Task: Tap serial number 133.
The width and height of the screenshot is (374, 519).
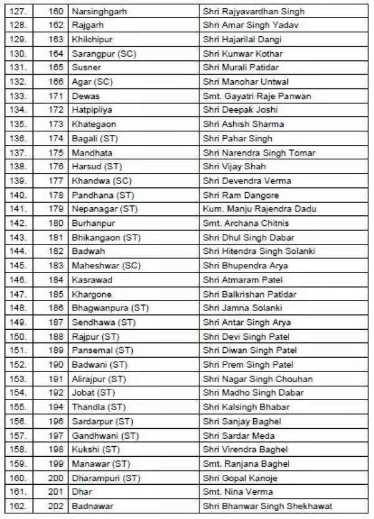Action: pyautogui.click(x=19, y=96)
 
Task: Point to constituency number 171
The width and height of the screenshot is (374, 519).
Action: pyautogui.click(x=56, y=96)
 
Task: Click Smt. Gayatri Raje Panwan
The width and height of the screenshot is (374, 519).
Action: pyautogui.click(x=257, y=96)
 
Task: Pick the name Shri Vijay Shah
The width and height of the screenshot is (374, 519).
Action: pyautogui.click(x=234, y=167)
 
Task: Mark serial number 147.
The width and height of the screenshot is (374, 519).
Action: pyautogui.click(x=19, y=294)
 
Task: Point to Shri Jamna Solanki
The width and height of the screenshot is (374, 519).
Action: pyautogui.click(x=242, y=308)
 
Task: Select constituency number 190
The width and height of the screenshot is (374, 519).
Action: pyautogui.click(x=56, y=365)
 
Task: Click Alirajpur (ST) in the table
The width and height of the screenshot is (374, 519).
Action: pyautogui.click(x=98, y=379)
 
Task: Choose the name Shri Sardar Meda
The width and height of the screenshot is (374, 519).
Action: pyautogui.click(x=239, y=436)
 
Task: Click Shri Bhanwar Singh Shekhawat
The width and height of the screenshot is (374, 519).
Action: pyautogui.click(x=267, y=506)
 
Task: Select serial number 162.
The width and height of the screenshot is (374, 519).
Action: pyautogui.click(x=19, y=506)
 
